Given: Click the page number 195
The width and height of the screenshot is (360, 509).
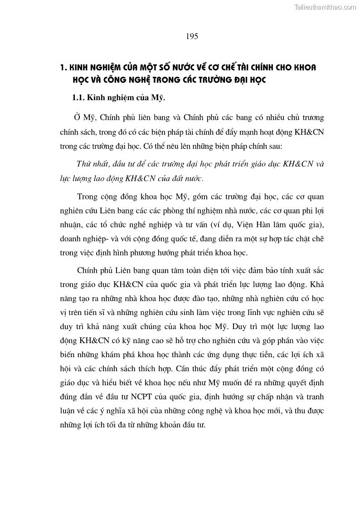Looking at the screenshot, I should [x=192, y=37].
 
